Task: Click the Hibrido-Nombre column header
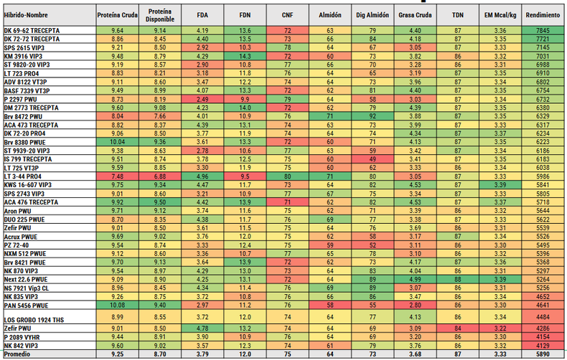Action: click(x=26, y=15)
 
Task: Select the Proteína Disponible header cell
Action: click(x=160, y=15)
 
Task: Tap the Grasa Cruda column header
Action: click(x=415, y=15)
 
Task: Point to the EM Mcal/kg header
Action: click(x=500, y=15)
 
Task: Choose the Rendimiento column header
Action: click(x=543, y=15)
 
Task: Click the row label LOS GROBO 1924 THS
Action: click(x=34, y=320)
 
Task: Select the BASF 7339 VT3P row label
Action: click(x=27, y=91)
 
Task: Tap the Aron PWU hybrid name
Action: click(x=17, y=211)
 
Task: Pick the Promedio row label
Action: click(x=17, y=354)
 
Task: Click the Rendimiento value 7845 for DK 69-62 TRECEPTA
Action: click(x=543, y=30)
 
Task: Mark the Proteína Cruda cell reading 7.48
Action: click(x=117, y=176)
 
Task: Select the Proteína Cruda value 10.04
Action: click(x=117, y=142)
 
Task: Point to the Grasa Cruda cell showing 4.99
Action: click(x=415, y=280)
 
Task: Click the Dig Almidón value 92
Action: click(x=372, y=116)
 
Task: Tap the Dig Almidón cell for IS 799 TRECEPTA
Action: click(x=372, y=159)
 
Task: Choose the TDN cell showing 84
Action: click(x=458, y=328)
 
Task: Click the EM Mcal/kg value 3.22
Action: click(x=500, y=328)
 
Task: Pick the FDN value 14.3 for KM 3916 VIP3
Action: click(x=245, y=57)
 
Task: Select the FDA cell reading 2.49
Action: click(x=202, y=99)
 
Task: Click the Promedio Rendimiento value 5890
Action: click(x=543, y=354)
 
